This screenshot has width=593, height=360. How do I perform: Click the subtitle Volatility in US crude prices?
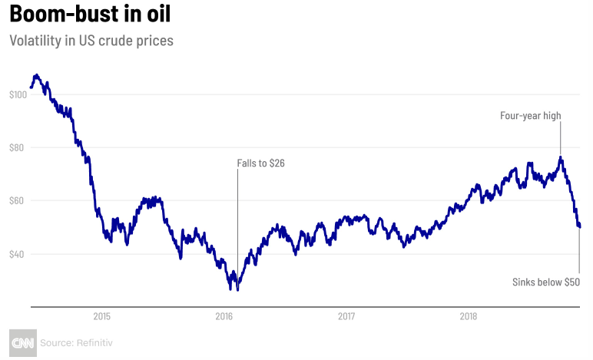pyautogui.click(x=91, y=40)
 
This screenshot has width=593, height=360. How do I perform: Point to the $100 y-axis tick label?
pyautogui.click(x=18, y=94)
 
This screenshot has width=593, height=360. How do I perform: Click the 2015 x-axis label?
pyautogui.click(x=102, y=315)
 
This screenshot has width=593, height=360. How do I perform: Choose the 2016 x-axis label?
pyautogui.click(x=224, y=315)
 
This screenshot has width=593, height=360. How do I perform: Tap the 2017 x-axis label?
pyautogui.click(x=346, y=315)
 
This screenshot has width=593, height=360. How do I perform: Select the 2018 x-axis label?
pyautogui.click(x=469, y=315)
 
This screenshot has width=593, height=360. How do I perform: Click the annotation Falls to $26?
pyautogui.click(x=260, y=163)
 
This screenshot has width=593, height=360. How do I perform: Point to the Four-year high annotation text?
pyautogui.click(x=531, y=116)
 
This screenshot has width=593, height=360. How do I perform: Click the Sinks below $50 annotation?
pyautogui.click(x=546, y=282)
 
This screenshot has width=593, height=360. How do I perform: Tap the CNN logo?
pyautogui.click(x=22, y=342)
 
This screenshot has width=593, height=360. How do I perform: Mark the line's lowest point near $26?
pyautogui.click(x=237, y=289)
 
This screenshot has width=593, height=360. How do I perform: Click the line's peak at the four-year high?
pyautogui.click(x=561, y=158)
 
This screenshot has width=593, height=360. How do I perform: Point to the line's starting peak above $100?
pyautogui.click(x=35, y=75)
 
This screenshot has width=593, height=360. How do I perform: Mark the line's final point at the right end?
pyautogui.click(x=579, y=226)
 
